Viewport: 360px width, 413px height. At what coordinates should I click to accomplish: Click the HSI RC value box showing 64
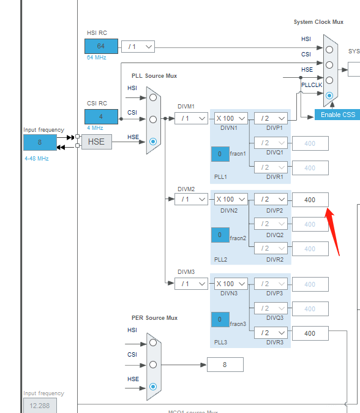point(101,46)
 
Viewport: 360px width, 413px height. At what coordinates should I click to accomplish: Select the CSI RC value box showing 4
point(101,116)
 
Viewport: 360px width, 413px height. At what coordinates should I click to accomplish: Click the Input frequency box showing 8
point(40,142)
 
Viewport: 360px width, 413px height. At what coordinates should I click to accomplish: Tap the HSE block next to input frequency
point(96,142)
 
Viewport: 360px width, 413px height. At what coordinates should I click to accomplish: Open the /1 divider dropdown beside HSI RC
point(138,47)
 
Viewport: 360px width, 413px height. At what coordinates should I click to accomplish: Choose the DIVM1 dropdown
point(191,118)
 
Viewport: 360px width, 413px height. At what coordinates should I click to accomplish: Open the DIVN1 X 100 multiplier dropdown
point(231,118)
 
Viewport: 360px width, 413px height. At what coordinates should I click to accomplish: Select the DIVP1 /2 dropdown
point(271,118)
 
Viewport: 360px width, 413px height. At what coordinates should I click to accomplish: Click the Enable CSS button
point(337,115)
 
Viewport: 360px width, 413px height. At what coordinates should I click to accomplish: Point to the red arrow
point(333,230)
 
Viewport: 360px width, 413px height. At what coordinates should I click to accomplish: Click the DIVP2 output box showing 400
point(310,200)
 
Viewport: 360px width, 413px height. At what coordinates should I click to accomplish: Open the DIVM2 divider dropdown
point(191,199)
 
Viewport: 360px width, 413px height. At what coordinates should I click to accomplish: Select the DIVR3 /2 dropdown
point(271,333)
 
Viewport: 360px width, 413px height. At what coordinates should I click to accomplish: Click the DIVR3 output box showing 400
point(310,333)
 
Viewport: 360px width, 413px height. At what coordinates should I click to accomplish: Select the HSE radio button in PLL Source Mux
point(153,141)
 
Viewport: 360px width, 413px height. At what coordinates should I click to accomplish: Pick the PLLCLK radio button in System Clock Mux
point(330,96)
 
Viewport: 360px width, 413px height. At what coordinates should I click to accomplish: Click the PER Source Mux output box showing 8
point(225,365)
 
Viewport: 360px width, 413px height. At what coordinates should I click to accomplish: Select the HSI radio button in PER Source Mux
point(153,343)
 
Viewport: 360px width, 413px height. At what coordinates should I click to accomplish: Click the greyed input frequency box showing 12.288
point(40,406)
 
